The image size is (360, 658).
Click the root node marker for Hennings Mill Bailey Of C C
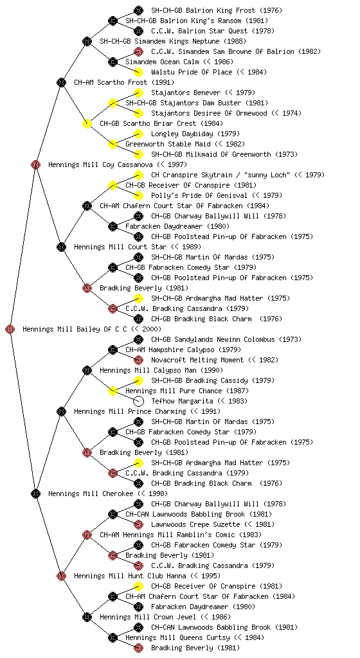[10, 329]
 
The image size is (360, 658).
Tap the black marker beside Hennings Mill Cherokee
[35, 493]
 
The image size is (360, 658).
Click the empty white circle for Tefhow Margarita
[138, 401]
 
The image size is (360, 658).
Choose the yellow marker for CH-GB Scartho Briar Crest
[87, 123]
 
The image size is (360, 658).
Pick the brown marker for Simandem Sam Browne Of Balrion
[138, 51]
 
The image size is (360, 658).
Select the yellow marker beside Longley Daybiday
[138, 134]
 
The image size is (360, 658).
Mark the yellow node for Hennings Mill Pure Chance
[113, 391]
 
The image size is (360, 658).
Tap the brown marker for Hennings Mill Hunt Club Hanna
[61, 576]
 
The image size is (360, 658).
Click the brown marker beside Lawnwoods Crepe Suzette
[138, 524]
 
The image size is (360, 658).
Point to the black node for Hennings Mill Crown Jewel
[87, 617]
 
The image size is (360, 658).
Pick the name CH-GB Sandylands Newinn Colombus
[219, 339]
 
